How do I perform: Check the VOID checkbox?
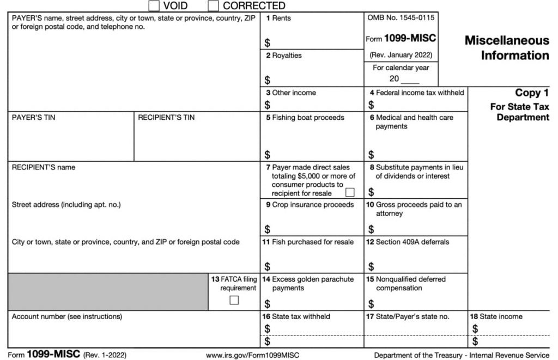coord(154,6)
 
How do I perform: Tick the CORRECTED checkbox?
coord(214,6)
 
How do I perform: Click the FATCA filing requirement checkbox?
coord(234,300)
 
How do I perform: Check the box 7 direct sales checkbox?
coord(350,192)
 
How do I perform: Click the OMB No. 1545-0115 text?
coord(401,18)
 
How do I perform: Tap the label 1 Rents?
coord(278,19)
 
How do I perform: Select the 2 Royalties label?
coord(283,56)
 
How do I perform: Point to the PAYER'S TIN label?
coord(34,118)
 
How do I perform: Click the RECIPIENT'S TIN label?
coord(166,118)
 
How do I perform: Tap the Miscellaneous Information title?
coord(507,48)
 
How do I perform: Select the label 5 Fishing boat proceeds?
coord(305,118)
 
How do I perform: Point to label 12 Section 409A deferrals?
coord(407,242)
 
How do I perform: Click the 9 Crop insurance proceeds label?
coord(310,205)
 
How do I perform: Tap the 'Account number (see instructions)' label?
coord(67,316)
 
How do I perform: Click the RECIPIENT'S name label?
coord(44,168)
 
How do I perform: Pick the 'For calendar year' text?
coord(401,68)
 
